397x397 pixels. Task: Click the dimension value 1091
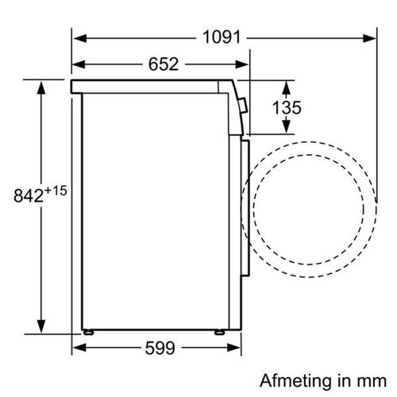(x=222, y=37)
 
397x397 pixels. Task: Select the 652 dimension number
(x=164, y=64)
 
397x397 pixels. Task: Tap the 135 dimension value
(x=287, y=107)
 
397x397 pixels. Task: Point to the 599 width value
(x=160, y=348)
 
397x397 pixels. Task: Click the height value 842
(x=29, y=196)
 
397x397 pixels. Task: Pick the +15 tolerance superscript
(x=56, y=191)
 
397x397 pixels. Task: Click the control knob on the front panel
(x=243, y=105)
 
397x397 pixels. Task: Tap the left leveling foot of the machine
(x=88, y=333)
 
